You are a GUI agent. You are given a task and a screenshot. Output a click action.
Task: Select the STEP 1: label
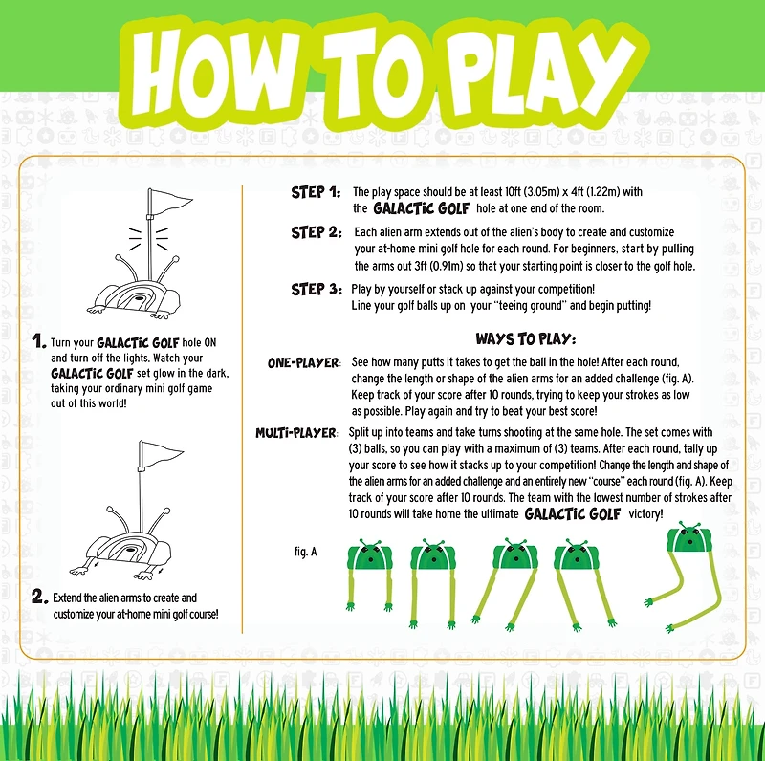pos(316,192)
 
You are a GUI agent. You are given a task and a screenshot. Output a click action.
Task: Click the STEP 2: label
pos(317,232)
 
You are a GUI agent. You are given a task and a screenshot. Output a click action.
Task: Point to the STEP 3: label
pos(317,290)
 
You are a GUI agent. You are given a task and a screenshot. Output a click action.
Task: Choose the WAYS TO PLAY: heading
pos(525,338)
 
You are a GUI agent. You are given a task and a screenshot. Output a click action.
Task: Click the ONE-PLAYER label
pos(303,363)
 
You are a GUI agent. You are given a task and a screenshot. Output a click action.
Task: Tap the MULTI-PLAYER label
pos(296,433)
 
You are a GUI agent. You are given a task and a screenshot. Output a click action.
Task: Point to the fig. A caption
pos(305,552)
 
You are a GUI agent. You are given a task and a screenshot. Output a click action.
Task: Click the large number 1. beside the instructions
pos(38,340)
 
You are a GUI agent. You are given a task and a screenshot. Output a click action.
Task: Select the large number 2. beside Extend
pos(39,597)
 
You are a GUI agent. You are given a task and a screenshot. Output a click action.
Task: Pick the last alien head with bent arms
pos(689,537)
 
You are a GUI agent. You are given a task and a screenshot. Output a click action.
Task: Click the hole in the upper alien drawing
pos(142,297)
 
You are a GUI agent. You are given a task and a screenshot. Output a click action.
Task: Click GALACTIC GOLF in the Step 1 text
pos(421,208)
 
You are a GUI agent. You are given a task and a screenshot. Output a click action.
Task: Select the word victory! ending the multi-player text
pos(645,514)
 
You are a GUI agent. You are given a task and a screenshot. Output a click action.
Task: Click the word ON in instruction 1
pos(209,342)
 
